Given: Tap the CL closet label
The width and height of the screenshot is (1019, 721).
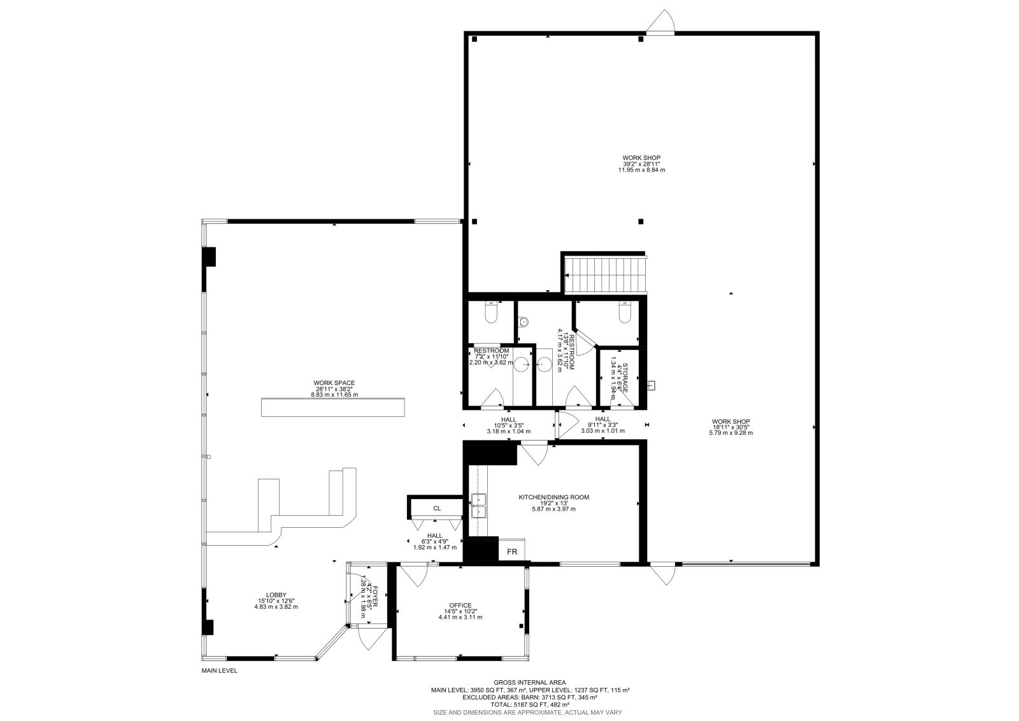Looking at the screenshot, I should coord(437,508).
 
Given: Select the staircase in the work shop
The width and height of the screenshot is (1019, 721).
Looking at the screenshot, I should coord(605,274).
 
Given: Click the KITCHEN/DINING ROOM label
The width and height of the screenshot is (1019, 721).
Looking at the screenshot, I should coord(553,497).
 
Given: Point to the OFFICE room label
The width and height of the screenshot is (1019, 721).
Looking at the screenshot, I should coord(460,606).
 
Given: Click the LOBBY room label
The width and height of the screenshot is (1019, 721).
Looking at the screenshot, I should coord(276,594).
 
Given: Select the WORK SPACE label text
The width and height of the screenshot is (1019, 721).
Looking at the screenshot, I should coord(334,383).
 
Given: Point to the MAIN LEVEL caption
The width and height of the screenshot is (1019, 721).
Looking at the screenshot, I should coord(219,671).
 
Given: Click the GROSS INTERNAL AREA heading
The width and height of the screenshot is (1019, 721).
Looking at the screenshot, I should coord(529,682).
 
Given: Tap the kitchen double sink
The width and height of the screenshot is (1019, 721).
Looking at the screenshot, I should coord(478,505).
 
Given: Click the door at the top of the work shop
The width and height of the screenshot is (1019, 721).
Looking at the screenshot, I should coord(660,23).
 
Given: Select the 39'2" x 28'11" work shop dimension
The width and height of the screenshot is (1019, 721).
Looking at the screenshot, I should coord(641,164).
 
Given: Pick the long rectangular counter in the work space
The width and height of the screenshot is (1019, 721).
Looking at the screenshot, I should coord(332,407).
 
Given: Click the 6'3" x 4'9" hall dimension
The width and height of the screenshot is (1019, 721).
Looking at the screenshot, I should coord(436,541).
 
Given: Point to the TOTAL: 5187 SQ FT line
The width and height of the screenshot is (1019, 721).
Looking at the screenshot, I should coord(529,704).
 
